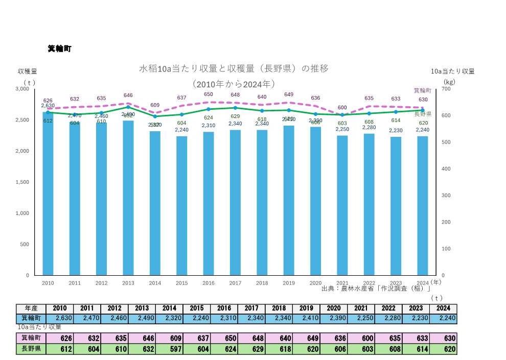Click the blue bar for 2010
point(48,194)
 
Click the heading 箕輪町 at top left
point(59,49)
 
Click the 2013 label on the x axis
point(128,283)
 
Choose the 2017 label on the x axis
point(235,283)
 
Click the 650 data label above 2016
point(209,94)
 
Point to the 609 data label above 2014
point(155,105)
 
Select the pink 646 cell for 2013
point(142,338)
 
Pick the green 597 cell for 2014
point(169,349)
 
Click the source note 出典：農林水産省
point(376,289)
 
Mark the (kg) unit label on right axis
point(449,82)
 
